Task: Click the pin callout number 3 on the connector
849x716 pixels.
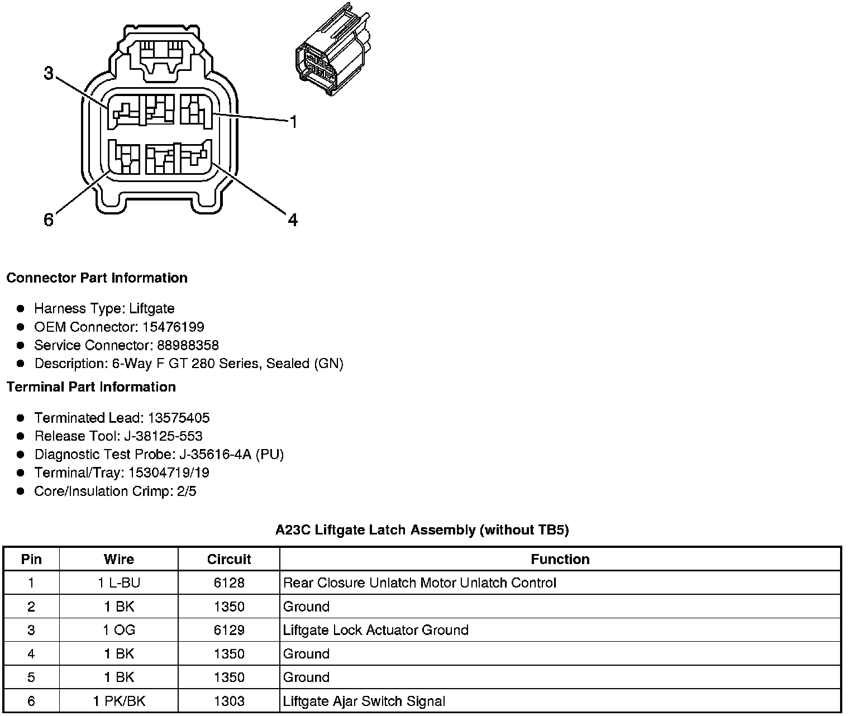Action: (x=49, y=73)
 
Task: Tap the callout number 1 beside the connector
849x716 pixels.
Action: (x=293, y=122)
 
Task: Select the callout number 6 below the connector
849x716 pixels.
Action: (x=49, y=221)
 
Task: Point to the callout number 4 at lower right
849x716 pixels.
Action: (x=293, y=221)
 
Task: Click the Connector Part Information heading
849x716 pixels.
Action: (x=97, y=278)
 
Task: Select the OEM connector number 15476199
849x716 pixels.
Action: (x=173, y=327)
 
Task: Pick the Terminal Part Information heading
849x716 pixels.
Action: (x=91, y=387)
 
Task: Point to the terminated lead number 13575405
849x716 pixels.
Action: (x=179, y=418)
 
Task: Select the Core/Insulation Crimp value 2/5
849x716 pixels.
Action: (x=185, y=491)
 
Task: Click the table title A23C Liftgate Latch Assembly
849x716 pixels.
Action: (x=422, y=530)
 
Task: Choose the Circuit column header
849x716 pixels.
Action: (x=229, y=560)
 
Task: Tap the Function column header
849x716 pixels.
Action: (x=560, y=560)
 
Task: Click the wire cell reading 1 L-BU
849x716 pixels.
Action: (x=119, y=583)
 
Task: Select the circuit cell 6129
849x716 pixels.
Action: (x=229, y=631)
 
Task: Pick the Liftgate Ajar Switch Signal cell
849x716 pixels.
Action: (x=364, y=701)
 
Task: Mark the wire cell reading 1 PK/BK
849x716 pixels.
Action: (x=119, y=701)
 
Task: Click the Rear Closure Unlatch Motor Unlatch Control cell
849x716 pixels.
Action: (x=420, y=583)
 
